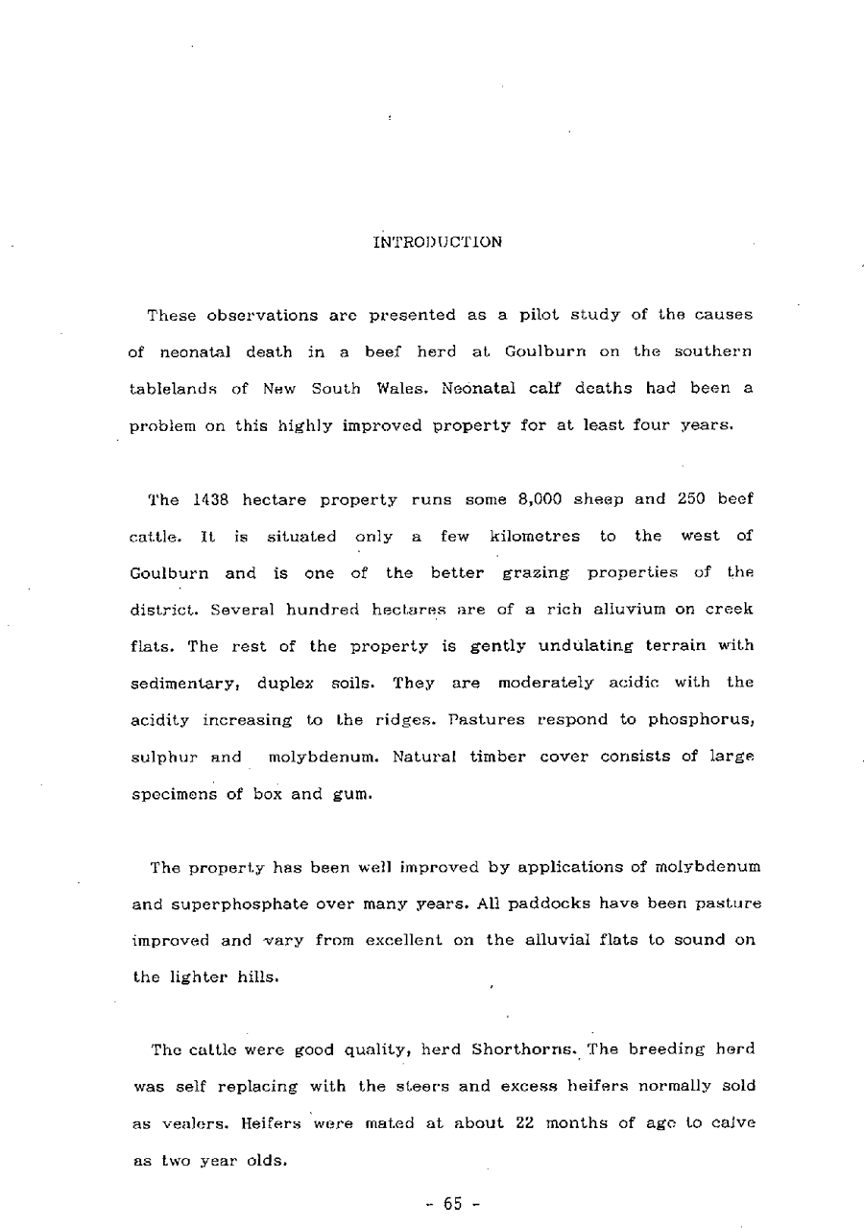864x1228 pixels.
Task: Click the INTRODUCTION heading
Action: click(x=437, y=242)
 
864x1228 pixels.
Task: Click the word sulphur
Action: click(x=159, y=756)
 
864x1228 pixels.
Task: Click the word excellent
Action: click(x=407, y=939)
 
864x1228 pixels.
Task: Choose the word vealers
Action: click(x=186, y=1122)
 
